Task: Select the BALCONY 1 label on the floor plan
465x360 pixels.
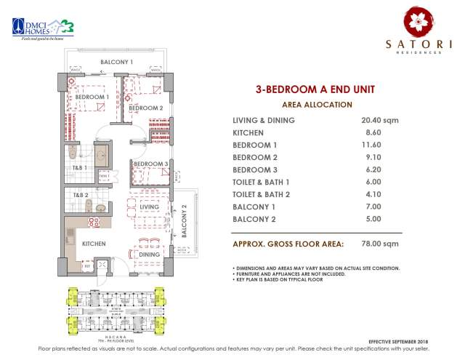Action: pos(116,62)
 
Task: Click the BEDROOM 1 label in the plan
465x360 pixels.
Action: pos(92,97)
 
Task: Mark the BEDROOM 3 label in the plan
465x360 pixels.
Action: pos(151,164)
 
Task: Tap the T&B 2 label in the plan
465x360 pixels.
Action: pos(79,195)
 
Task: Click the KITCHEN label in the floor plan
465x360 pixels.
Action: pos(94,243)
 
